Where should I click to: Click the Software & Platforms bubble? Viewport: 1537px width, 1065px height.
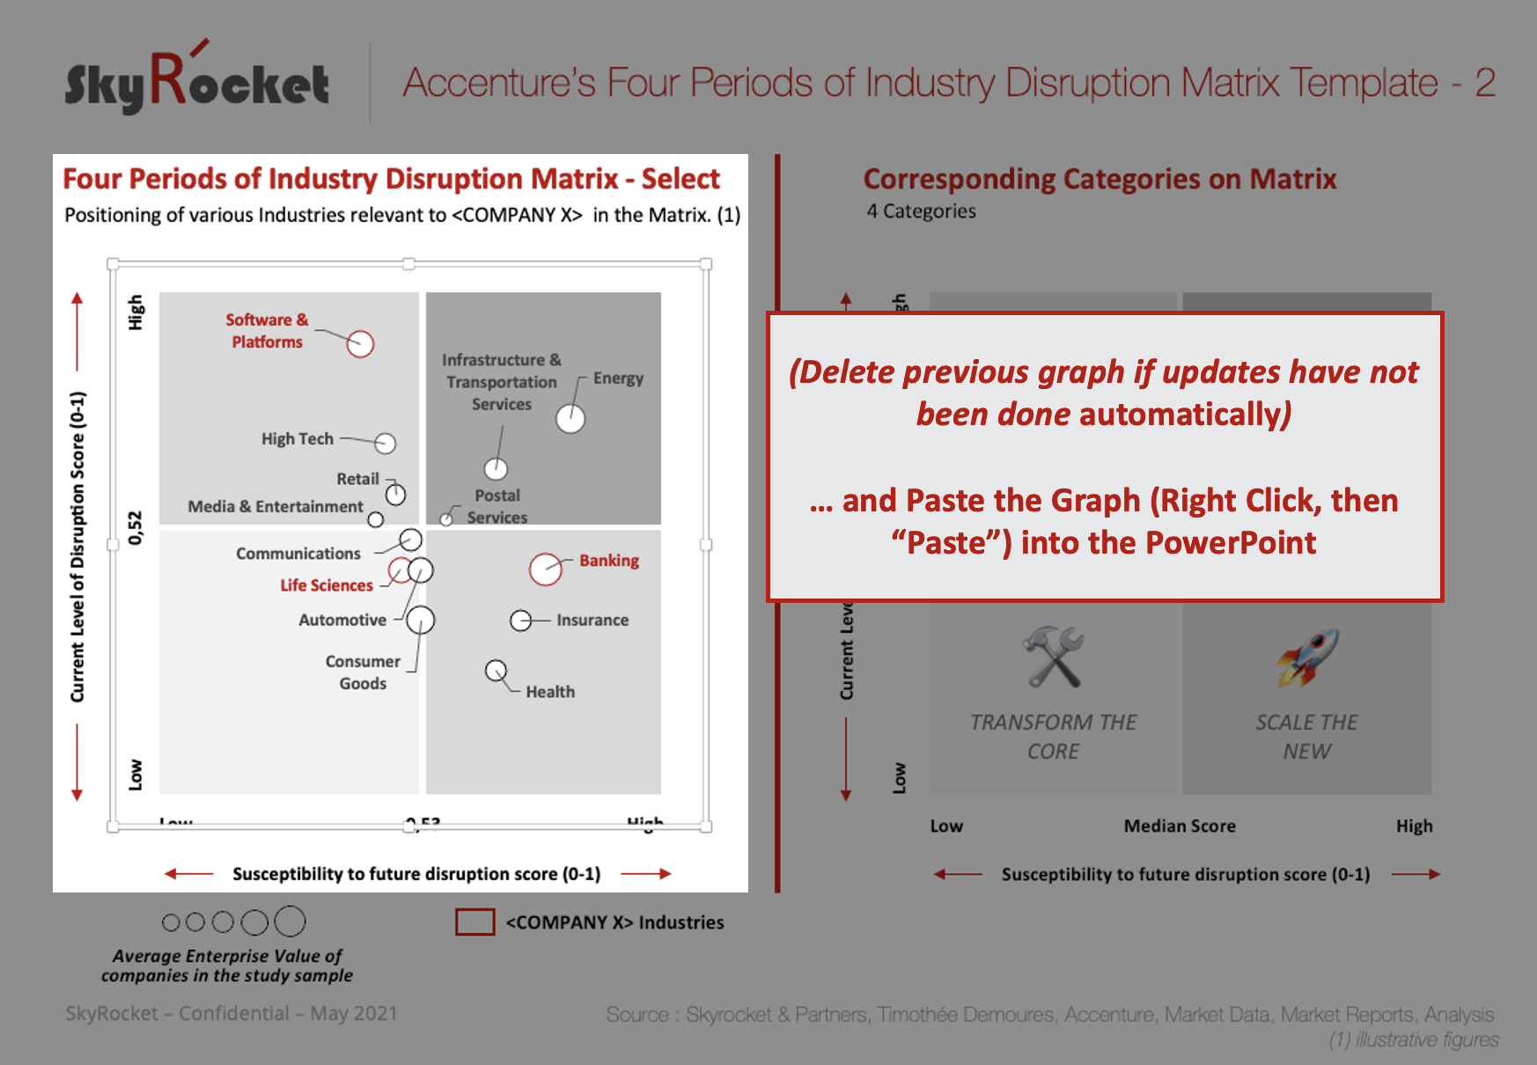click(360, 343)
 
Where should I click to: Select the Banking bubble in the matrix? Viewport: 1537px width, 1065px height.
click(545, 569)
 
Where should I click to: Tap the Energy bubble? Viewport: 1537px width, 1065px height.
click(570, 419)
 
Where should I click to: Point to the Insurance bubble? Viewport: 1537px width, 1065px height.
click(520, 621)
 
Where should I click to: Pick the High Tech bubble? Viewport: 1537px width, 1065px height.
click(386, 443)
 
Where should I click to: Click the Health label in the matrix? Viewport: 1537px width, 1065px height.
click(550, 692)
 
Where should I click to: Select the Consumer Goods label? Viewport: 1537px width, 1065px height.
click(363, 672)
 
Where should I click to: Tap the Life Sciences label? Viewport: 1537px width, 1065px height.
click(327, 585)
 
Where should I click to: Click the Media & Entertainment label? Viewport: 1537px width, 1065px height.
click(275, 506)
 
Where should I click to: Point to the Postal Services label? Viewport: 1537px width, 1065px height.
click(497, 506)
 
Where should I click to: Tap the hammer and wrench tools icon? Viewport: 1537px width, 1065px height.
click(1054, 657)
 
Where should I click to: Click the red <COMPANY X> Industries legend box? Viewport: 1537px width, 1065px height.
click(475, 922)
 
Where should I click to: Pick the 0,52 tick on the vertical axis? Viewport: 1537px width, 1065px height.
click(135, 527)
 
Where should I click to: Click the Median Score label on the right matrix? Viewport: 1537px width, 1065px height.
click(1180, 826)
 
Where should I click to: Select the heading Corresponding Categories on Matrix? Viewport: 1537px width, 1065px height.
click(1099, 179)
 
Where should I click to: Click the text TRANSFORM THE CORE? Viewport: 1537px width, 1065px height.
click(1054, 737)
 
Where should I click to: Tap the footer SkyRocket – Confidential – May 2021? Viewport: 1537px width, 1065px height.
click(231, 1013)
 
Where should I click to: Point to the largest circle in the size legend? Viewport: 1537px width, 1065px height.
click(290, 922)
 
